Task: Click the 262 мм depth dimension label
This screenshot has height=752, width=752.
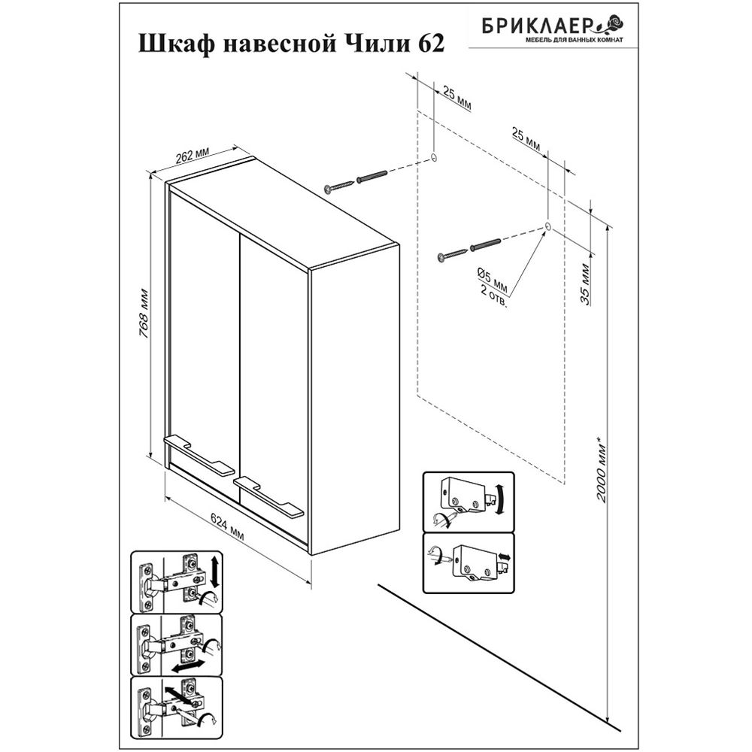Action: pyautogui.click(x=193, y=155)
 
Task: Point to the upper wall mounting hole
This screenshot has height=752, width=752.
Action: pyautogui.click(x=434, y=159)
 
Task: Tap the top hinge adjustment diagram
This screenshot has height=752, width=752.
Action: pyautogui.click(x=177, y=581)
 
